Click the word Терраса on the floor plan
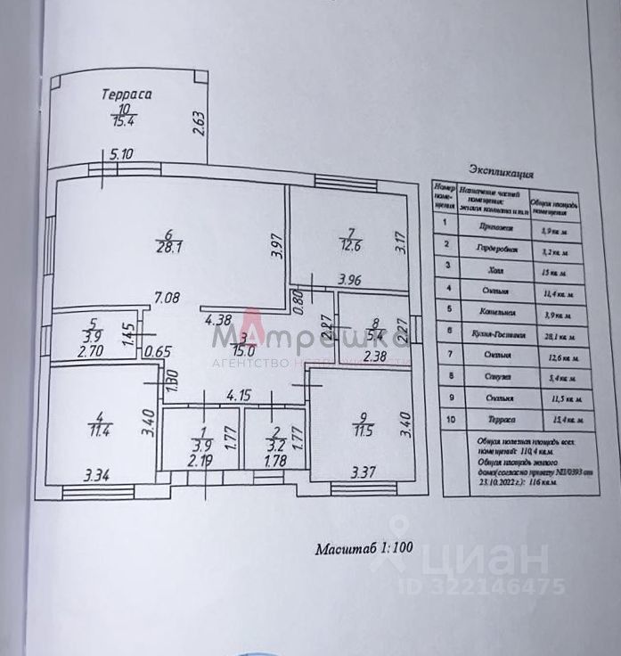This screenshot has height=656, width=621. click(x=127, y=93)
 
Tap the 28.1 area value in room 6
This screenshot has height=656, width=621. click(x=169, y=249)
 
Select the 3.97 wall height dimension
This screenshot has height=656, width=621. click(x=276, y=244)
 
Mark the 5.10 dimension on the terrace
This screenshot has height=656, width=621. click(x=121, y=153)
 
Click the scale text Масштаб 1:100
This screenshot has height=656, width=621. click(x=364, y=548)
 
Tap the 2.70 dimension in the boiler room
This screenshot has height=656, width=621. click(x=91, y=351)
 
